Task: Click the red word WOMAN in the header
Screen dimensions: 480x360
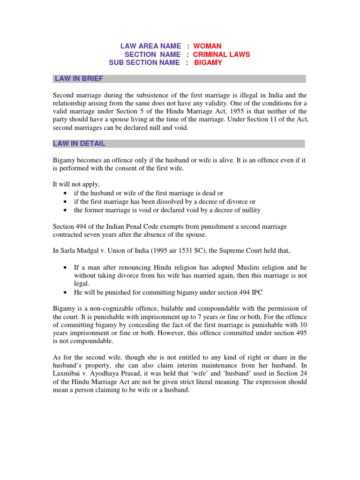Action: pos(207,46)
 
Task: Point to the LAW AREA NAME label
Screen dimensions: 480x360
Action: pos(150,46)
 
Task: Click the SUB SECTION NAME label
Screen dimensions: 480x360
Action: pos(144,63)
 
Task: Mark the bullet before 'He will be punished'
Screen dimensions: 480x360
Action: pos(64,292)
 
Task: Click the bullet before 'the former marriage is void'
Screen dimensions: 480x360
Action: pos(64,210)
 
